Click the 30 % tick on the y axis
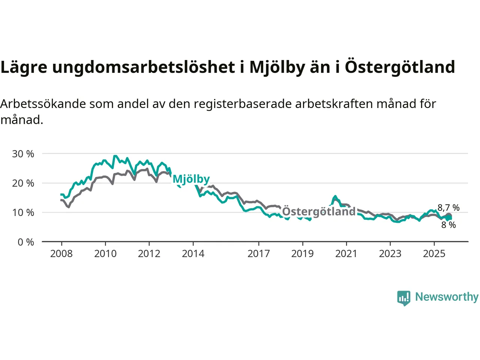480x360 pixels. tap(23, 154)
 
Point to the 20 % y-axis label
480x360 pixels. tap(23, 183)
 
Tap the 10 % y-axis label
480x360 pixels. tap(23, 213)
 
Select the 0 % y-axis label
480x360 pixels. tap(25, 242)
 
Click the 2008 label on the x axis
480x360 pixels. tap(61, 254)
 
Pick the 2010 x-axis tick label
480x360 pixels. tap(105, 254)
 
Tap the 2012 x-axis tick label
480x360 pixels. tap(149, 254)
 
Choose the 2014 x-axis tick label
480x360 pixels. tap(193, 254)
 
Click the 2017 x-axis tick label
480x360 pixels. tap(259, 254)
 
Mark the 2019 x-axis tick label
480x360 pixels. tap(303, 254)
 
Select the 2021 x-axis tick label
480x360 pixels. tap(346, 254)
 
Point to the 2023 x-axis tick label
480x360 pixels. tap(390, 254)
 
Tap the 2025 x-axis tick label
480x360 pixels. tap(434, 254)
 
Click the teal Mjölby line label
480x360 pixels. tap(191, 179)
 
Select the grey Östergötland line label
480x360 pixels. tap(319, 211)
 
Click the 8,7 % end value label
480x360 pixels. tap(448, 208)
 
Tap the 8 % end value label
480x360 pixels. tap(448, 225)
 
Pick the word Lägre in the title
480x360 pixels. tap(24, 67)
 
